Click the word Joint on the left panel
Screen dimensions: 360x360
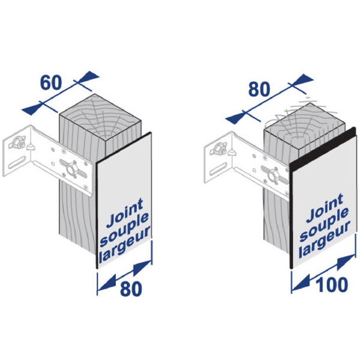(x=123, y=217)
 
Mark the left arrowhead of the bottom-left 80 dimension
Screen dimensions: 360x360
(x=104, y=280)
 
